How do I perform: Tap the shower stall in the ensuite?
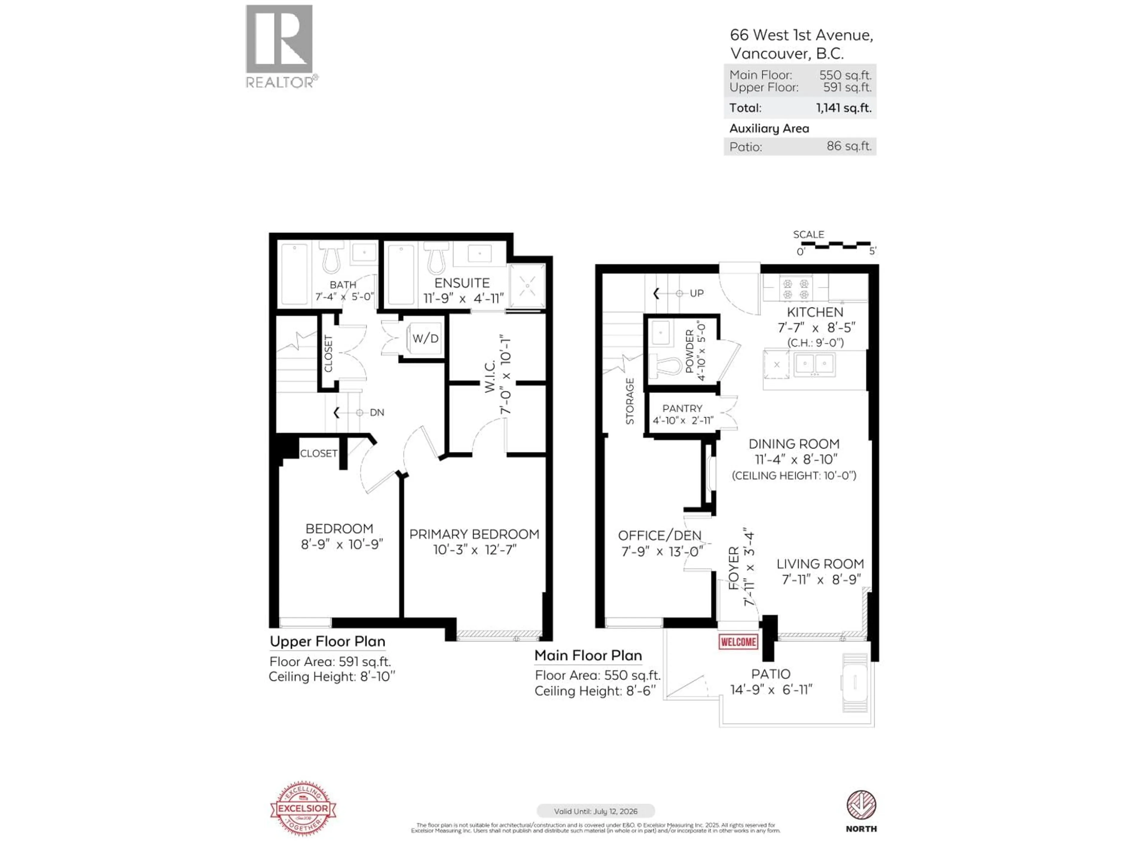tap(527, 286)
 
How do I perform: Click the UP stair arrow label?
tap(696, 293)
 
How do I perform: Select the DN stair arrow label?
tap(376, 413)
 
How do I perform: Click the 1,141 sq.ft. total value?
tap(843, 108)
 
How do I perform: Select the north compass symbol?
tap(861, 805)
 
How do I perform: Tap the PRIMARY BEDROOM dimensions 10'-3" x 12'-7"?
tap(474, 549)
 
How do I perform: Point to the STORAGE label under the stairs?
tap(630, 401)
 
